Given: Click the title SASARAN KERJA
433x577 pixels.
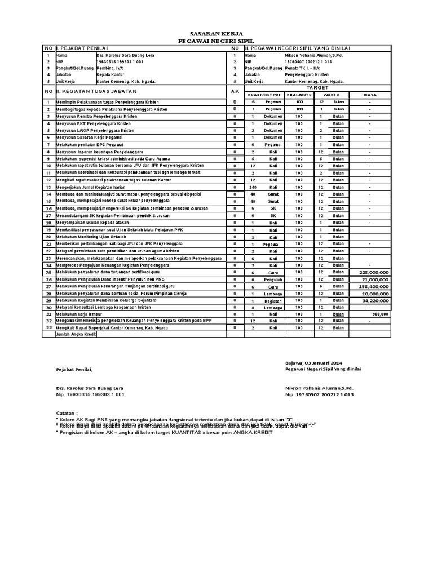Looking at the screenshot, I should pos(216,34).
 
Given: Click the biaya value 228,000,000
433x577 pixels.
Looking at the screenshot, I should pos(370,272).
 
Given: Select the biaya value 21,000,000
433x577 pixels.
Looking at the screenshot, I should pos(371,279).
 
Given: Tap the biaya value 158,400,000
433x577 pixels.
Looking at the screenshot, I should pos(370,286).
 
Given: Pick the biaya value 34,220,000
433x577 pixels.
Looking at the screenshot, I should pos(371,301).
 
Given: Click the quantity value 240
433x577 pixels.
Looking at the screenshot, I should pos(253,187).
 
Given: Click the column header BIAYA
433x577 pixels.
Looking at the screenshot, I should pos(370,95).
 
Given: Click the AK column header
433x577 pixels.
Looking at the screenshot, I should pos(235,91).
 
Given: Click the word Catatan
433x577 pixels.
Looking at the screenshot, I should pos(67,412).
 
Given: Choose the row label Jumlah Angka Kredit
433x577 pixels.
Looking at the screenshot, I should pos(76,334).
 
